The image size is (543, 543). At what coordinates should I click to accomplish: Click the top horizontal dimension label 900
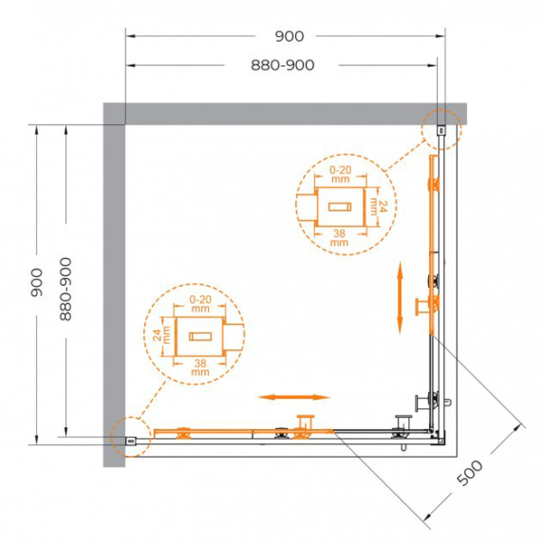(290, 36)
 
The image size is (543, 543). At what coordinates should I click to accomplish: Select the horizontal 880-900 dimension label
(282, 65)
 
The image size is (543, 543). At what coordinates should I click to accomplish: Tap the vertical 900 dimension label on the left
(36, 282)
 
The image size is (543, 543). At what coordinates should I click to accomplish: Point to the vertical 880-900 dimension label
(65, 290)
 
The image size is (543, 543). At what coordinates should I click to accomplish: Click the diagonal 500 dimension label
(470, 472)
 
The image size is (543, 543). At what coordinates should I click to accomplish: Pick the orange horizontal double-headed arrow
(293, 397)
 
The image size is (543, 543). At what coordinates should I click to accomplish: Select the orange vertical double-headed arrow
(400, 298)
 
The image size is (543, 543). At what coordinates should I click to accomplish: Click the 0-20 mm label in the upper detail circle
(340, 174)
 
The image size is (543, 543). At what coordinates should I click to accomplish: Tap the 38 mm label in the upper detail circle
(339, 237)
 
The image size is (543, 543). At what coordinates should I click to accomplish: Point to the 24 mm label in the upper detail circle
(377, 206)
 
